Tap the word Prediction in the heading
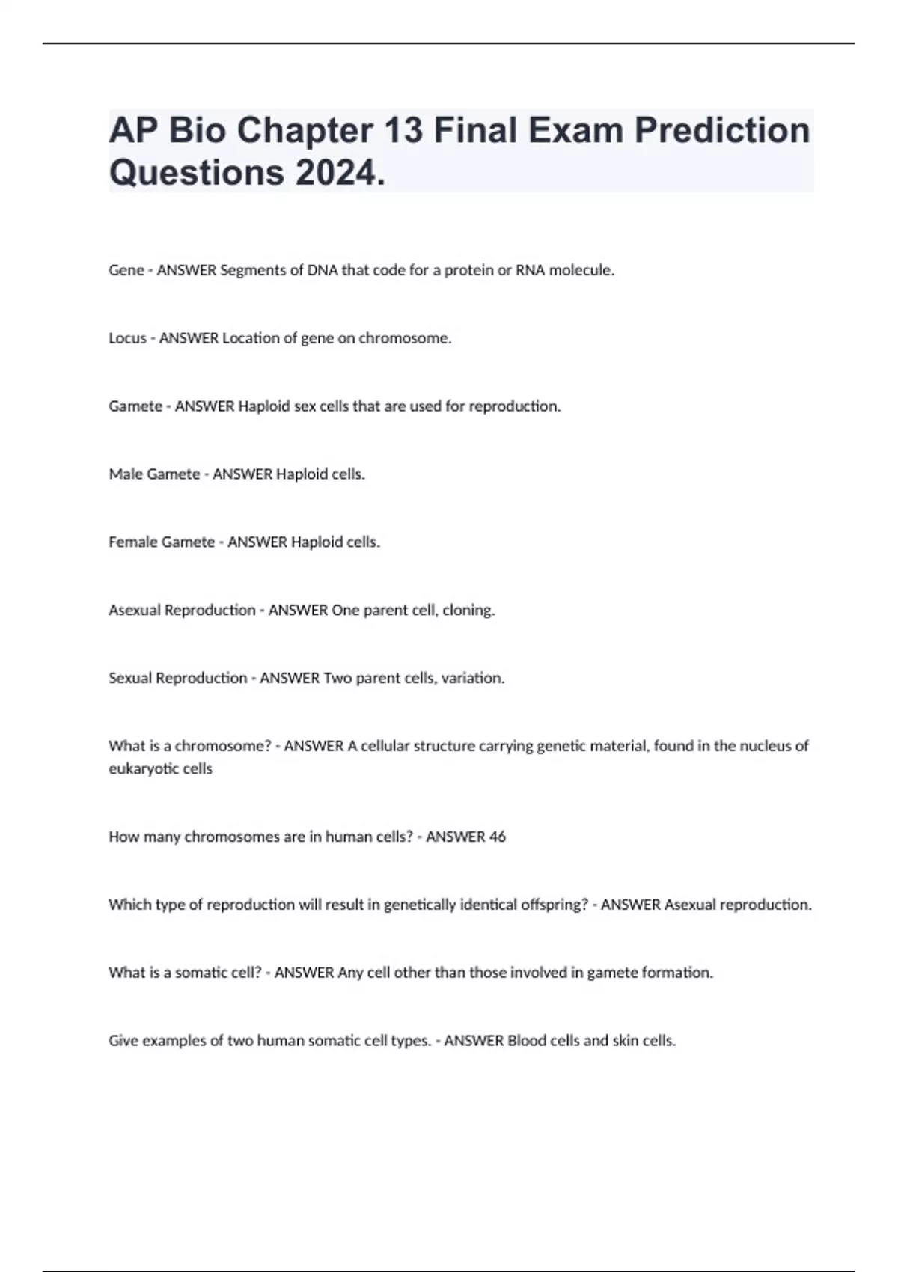tap(722, 131)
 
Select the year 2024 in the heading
tap(336, 174)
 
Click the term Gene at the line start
tap(126, 271)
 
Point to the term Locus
tap(127, 338)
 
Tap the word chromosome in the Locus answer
tap(404, 338)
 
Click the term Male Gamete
tap(154, 474)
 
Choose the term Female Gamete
tap(162, 542)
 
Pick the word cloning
tap(468, 611)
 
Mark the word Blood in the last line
tap(527, 1041)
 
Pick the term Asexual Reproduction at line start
tap(182, 611)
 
